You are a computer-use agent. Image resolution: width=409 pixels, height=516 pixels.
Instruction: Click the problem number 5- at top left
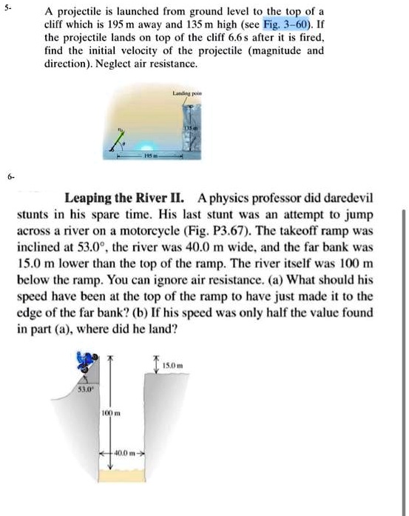(x=7, y=10)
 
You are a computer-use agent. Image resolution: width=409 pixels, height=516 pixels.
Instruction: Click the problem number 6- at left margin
(x=7, y=178)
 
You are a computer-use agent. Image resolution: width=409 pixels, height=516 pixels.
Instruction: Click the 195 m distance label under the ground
(x=150, y=160)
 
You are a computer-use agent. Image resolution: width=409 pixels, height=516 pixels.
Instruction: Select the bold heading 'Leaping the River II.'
(x=128, y=198)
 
